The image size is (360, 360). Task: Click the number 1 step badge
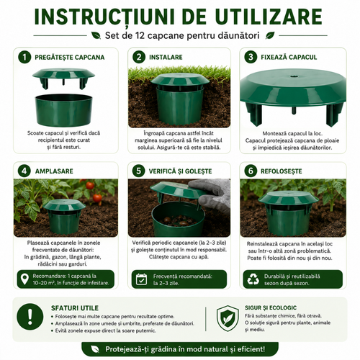pos(24,57)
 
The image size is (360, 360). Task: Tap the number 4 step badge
pos(24,171)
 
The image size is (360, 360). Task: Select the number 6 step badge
pos(251,171)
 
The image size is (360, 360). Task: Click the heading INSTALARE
pos(166,57)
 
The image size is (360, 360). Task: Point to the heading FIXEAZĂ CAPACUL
pos(289,57)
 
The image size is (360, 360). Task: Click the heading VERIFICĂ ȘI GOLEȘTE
pos(180,171)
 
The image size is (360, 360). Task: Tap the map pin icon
pos(24,279)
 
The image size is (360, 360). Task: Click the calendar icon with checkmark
pos(141,279)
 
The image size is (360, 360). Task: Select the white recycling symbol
pos(253,279)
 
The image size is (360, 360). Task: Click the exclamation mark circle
pos(30,316)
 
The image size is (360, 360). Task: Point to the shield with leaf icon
pos(228,318)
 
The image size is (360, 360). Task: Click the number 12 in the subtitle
pos(140,36)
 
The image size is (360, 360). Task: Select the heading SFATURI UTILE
pos(75,308)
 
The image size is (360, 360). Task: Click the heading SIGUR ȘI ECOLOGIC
pos(271,307)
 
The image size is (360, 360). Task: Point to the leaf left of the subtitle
pos(96,36)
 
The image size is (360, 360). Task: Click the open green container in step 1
pos(63,110)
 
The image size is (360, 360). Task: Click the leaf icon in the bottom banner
pos(95,349)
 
